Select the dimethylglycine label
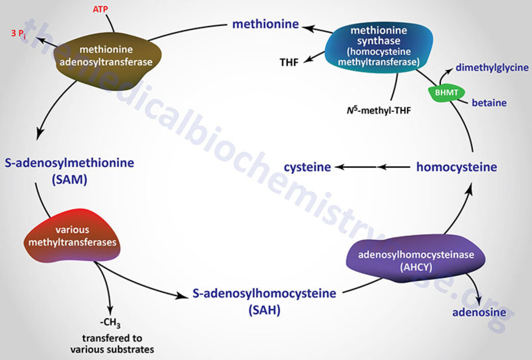492,68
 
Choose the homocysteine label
457,167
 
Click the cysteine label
308,167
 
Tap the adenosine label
479,313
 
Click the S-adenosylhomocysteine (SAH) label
264,301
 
